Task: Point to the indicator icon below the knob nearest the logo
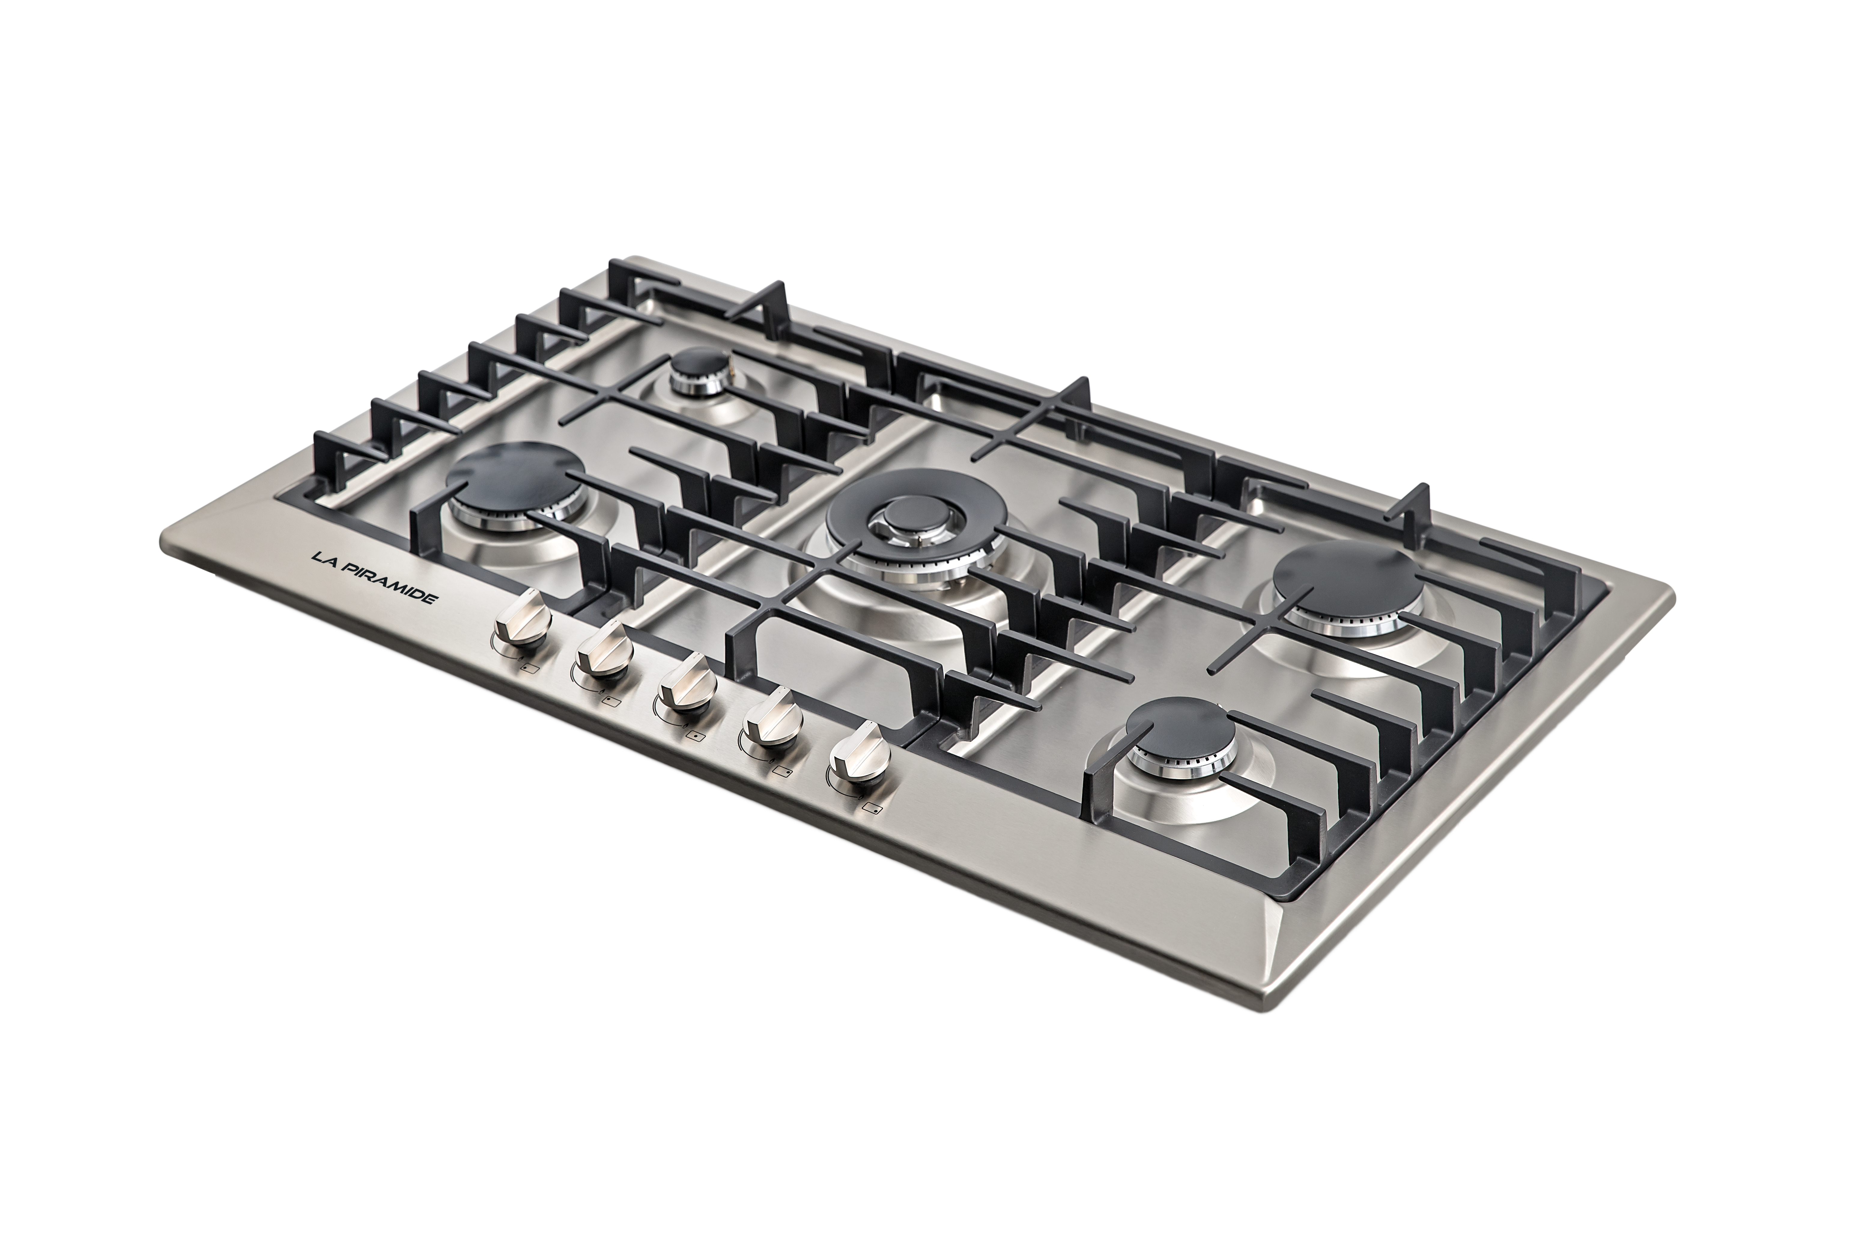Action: pyautogui.click(x=529, y=669)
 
